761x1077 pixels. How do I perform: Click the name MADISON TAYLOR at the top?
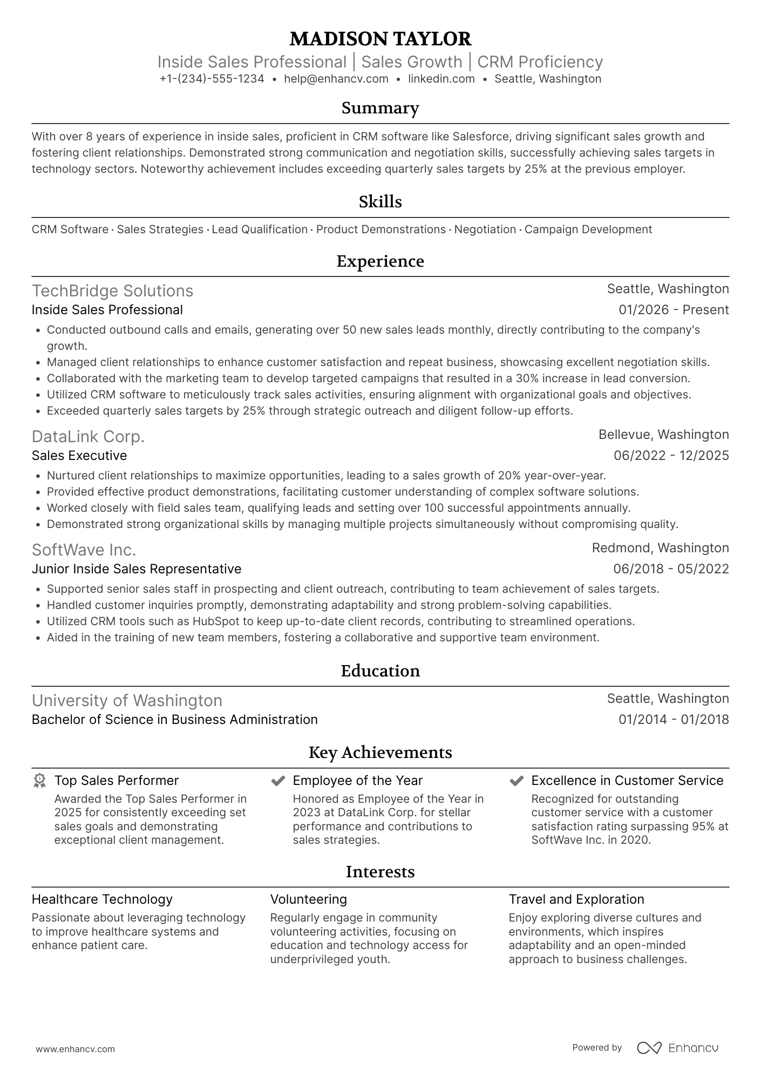tap(380, 39)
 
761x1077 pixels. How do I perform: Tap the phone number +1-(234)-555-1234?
tap(212, 79)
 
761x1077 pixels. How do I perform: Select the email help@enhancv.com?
tap(336, 79)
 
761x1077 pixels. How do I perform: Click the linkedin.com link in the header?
tap(441, 79)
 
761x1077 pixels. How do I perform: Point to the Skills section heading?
tap(380, 202)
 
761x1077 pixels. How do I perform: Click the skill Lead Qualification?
tap(259, 229)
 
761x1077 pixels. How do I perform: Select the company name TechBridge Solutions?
tap(112, 291)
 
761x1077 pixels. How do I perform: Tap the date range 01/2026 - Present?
tap(674, 310)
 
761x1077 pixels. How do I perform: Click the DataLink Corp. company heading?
tap(88, 437)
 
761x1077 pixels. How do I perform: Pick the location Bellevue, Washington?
tap(663, 435)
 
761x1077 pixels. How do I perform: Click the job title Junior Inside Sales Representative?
tap(136, 569)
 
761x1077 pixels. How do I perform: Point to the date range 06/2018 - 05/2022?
tap(671, 569)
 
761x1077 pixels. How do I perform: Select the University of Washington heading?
tap(127, 701)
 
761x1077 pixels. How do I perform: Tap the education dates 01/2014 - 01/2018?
tap(674, 720)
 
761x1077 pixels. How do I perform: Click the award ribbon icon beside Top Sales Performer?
tap(39, 781)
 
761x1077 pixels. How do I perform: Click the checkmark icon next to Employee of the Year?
tap(278, 781)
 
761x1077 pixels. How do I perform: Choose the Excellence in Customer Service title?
tap(627, 781)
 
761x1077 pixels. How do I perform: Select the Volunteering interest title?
tap(308, 899)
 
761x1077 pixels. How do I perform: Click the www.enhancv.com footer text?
tap(75, 1049)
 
